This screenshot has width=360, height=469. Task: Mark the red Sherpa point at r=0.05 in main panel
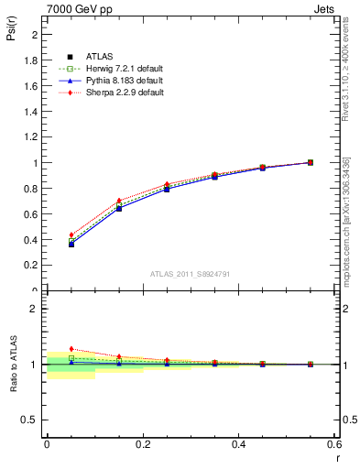tap(71, 234)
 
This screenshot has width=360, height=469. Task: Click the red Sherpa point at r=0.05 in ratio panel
tap(71, 349)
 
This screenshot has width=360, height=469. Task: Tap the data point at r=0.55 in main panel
tap(311, 162)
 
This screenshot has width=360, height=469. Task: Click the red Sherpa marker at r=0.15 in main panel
tap(119, 200)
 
